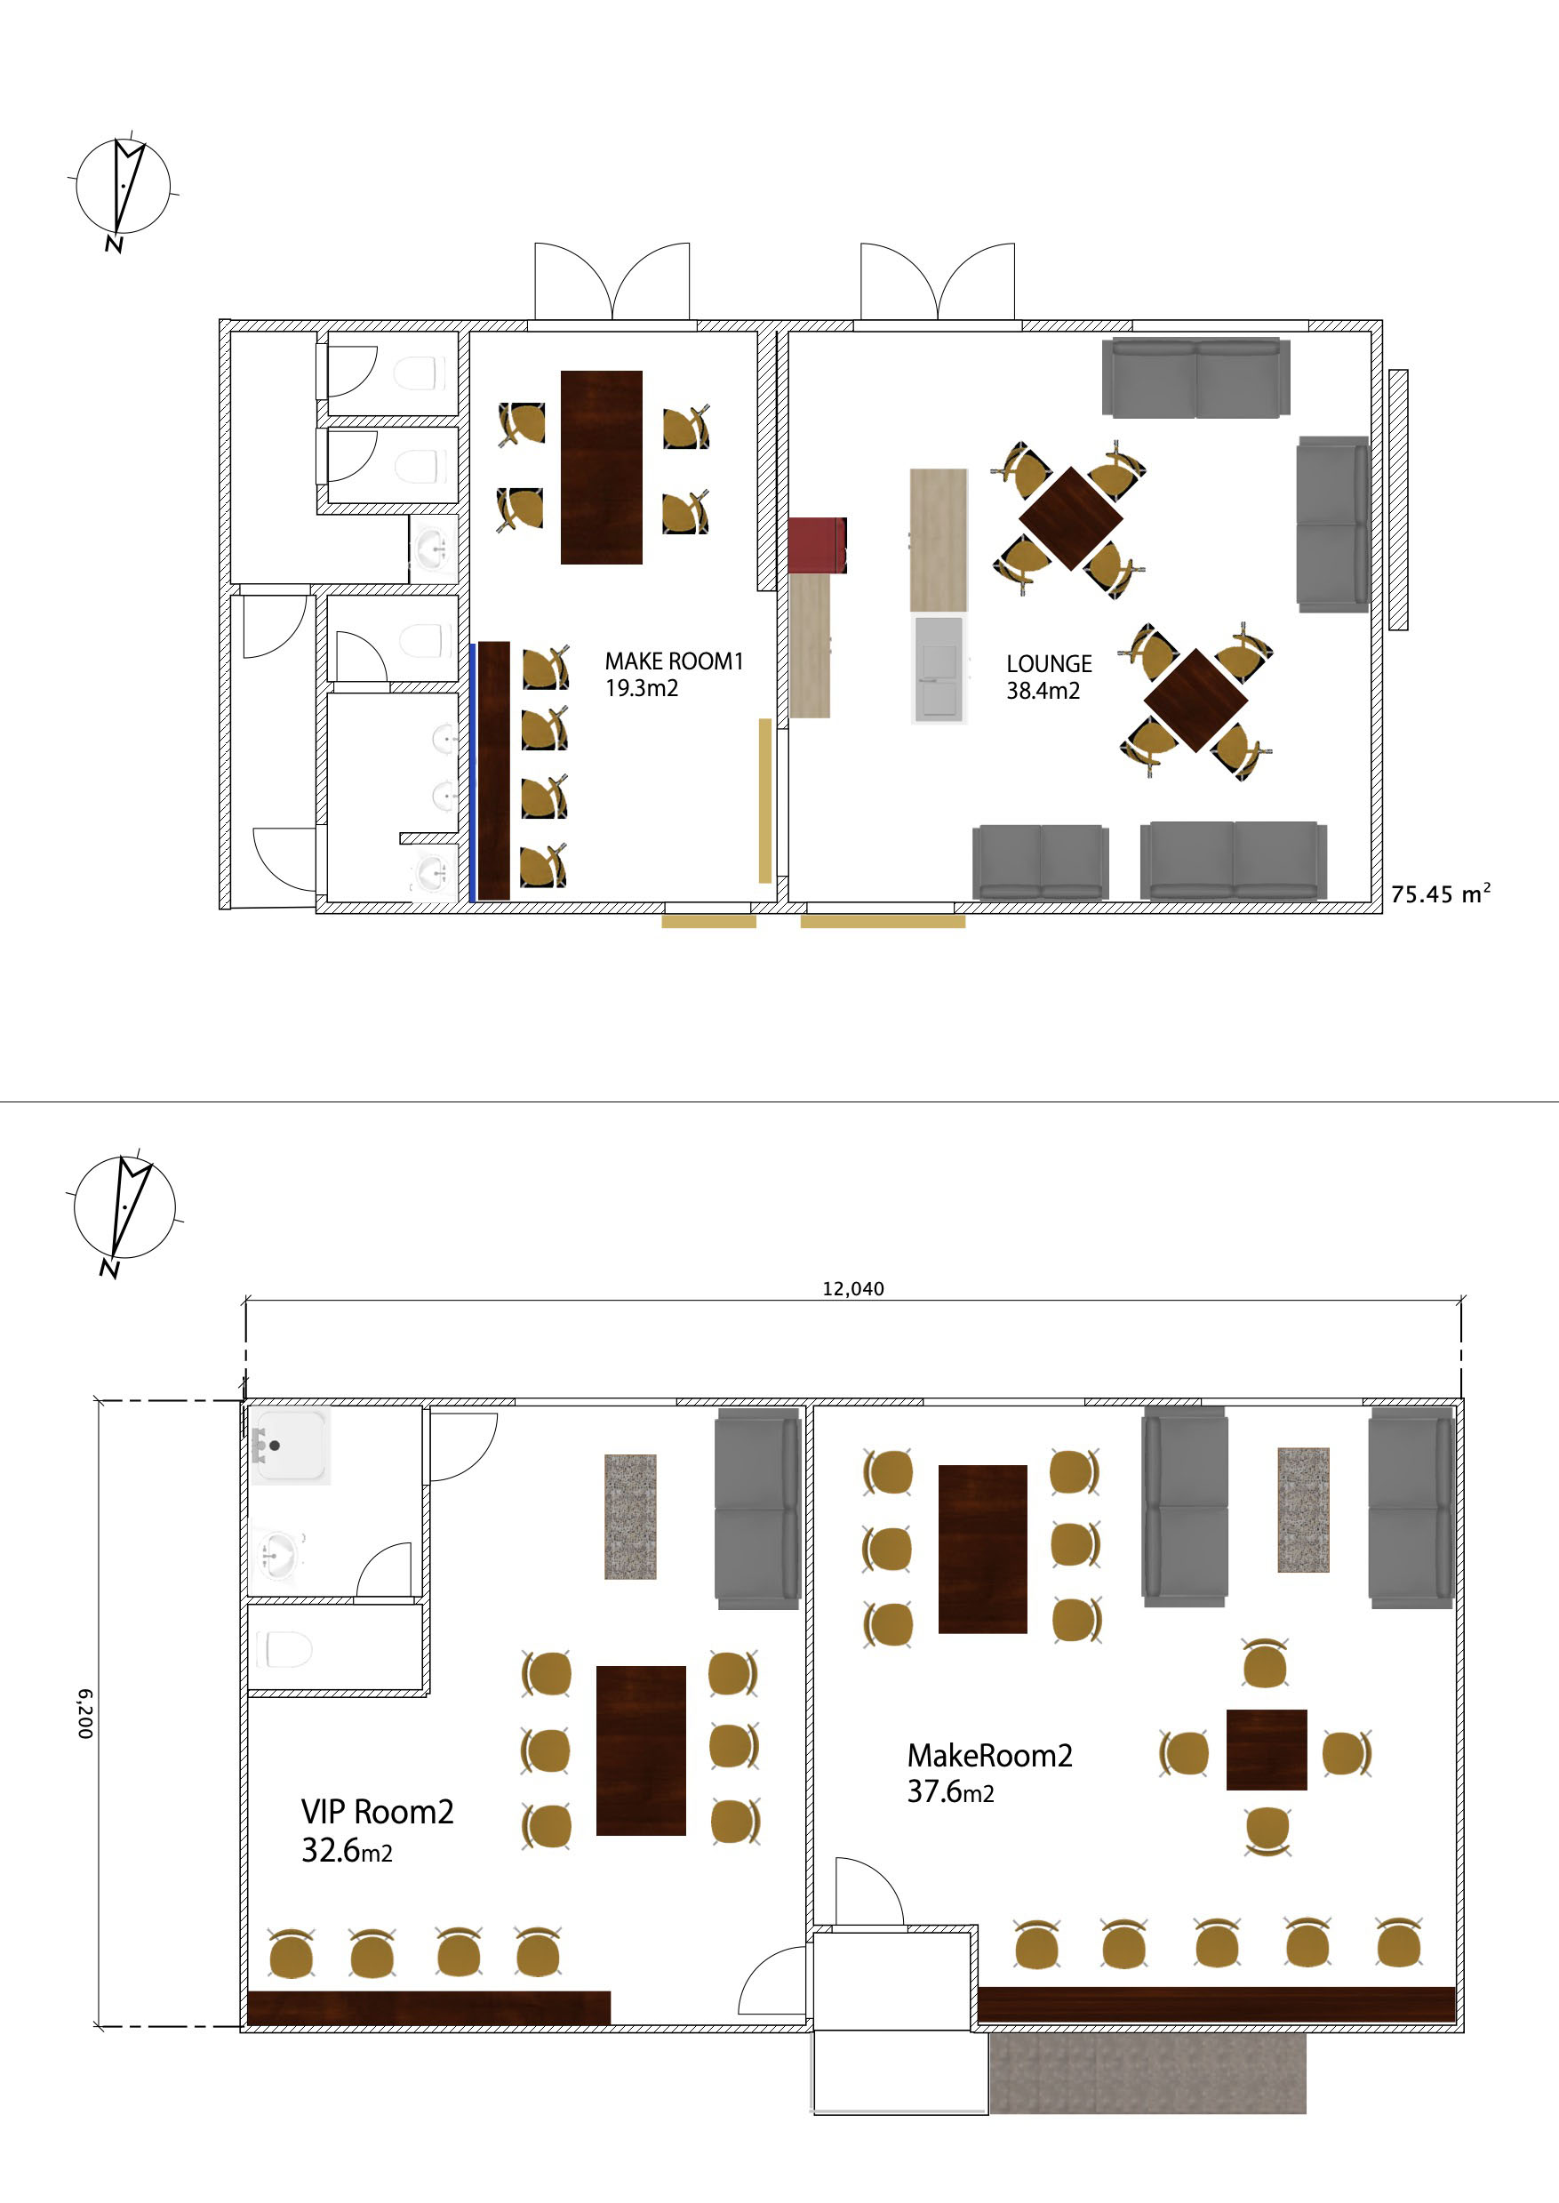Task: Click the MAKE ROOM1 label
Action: pyautogui.click(x=674, y=661)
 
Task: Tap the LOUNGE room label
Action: pyautogui.click(x=1049, y=663)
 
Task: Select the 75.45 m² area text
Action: pyautogui.click(x=1440, y=893)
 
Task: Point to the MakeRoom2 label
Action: pyautogui.click(x=990, y=1756)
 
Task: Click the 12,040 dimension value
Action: pyautogui.click(x=852, y=1289)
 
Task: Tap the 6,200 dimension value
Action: pyautogui.click(x=85, y=1714)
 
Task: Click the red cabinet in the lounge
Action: pyautogui.click(x=817, y=545)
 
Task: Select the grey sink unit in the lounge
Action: pyautogui.click(x=938, y=669)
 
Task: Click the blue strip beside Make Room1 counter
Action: pyautogui.click(x=472, y=773)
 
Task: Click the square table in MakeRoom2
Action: pyautogui.click(x=1267, y=1750)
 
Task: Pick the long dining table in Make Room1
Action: pyautogui.click(x=601, y=468)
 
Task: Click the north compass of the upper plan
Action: pyautogui.click(x=123, y=190)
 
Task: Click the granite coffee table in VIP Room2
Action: pyautogui.click(x=630, y=1517)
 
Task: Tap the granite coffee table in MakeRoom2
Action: pyautogui.click(x=1303, y=1510)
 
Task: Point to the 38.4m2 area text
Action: pyautogui.click(x=1043, y=690)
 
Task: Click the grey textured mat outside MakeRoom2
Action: pyautogui.click(x=1147, y=2073)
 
